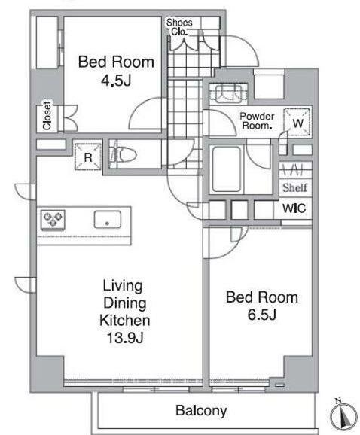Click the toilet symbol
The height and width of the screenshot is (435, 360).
click(x=123, y=154)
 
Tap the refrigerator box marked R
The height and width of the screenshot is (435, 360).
click(x=88, y=157)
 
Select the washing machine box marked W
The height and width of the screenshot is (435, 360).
click(x=297, y=122)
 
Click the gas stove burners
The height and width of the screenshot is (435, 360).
click(x=53, y=220)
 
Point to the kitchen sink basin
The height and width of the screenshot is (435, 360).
click(x=108, y=220)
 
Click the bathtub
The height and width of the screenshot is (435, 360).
click(x=226, y=169)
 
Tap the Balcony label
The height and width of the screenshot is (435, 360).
click(x=201, y=411)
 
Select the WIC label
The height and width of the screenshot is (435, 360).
click(x=294, y=208)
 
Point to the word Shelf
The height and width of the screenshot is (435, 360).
click(x=294, y=188)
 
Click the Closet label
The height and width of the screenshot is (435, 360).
click(x=47, y=116)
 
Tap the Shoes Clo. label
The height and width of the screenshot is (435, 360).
click(x=179, y=27)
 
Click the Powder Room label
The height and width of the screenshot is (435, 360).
click(x=257, y=120)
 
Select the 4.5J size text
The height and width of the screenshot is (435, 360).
click(x=116, y=81)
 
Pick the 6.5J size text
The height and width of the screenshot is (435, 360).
click(x=262, y=315)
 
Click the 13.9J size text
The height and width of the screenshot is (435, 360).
click(x=125, y=338)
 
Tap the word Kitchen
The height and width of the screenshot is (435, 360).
click(x=125, y=321)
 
